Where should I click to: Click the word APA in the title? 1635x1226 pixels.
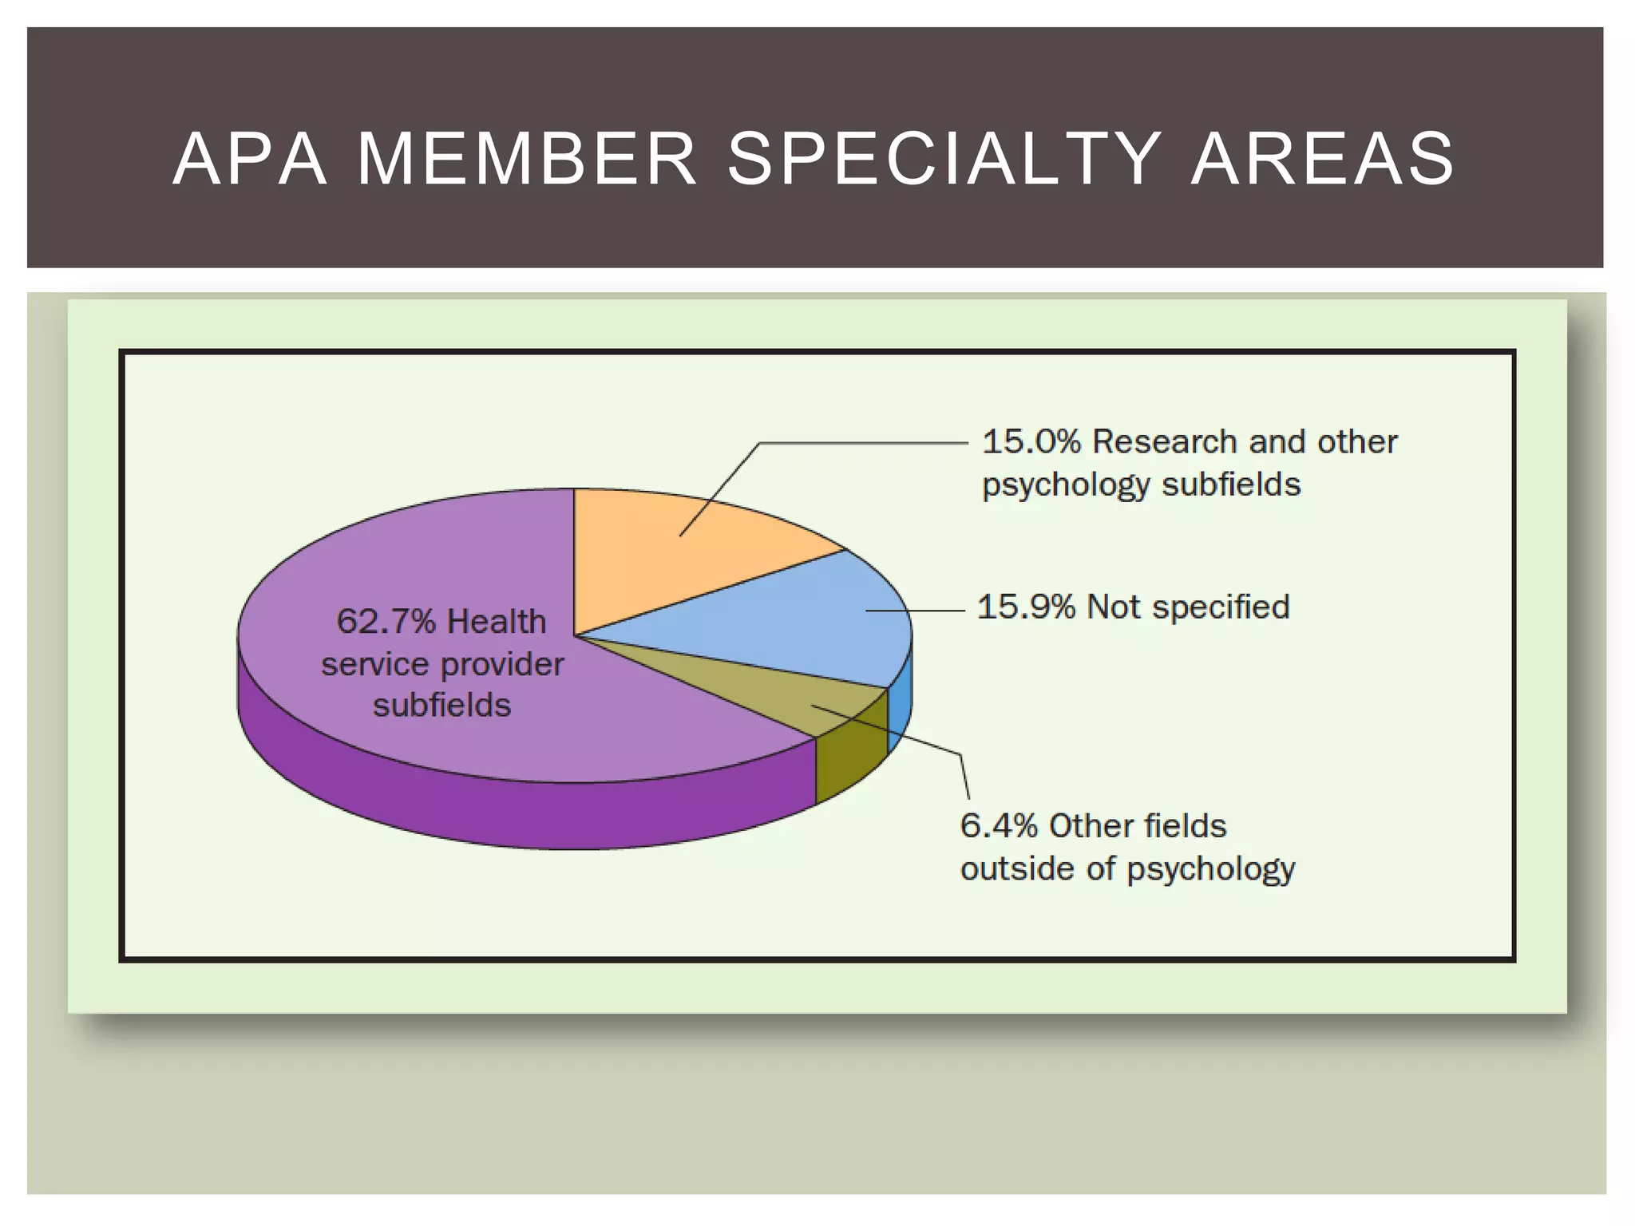[250, 160]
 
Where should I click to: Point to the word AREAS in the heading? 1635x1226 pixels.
[1323, 160]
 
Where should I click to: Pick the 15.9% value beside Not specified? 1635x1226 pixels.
[1026, 607]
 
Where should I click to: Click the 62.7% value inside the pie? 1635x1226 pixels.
[386, 621]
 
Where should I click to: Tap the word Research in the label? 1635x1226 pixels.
[1166, 441]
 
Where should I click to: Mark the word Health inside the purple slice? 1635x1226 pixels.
[496, 621]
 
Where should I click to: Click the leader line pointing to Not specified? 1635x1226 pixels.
[918, 611]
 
